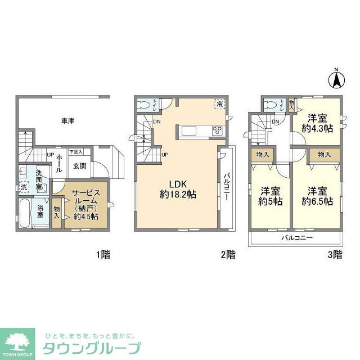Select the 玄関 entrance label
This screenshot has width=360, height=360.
pyautogui.click(x=79, y=166)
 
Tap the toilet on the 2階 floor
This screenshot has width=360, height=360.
pyautogui.click(x=145, y=104)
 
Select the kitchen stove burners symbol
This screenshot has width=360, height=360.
pyautogui.click(x=217, y=131)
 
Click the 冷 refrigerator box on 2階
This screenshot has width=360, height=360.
pyautogui.click(x=220, y=103)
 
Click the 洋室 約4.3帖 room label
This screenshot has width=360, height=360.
pyautogui.click(x=317, y=123)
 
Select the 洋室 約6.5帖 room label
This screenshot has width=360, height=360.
pyautogui.click(x=317, y=196)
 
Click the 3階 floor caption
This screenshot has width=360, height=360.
pyautogui.click(x=334, y=255)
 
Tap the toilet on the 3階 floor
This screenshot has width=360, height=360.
pyautogui.click(x=272, y=104)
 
